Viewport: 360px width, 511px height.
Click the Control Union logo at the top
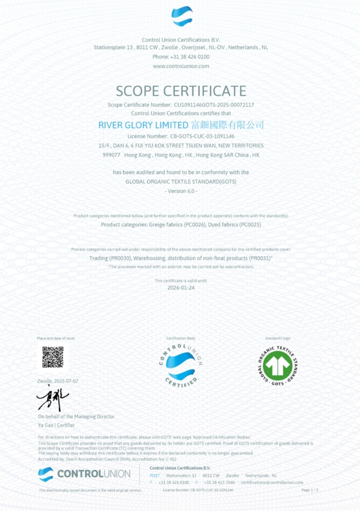click(x=182, y=16)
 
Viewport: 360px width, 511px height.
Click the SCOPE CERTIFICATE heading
click(x=181, y=91)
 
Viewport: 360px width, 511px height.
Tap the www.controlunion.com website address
click(x=181, y=66)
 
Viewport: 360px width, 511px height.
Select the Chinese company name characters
click(x=227, y=125)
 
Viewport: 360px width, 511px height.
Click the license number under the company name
click(x=202, y=136)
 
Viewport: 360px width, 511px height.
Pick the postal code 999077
click(x=111, y=155)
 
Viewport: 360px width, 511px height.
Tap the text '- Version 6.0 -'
click(x=181, y=191)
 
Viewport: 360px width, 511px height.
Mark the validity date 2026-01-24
click(x=181, y=287)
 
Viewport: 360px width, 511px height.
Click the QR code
click(x=53, y=357)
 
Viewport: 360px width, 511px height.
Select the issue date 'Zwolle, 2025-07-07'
click(x=58, y=381)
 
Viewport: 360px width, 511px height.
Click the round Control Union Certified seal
click(x=180, y=366)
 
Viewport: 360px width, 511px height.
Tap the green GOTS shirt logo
click(x=277, y=365)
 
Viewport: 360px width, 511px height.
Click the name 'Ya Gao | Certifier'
click(x=56, y=425)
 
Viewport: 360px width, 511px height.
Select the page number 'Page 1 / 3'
click(x=310, y=490)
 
